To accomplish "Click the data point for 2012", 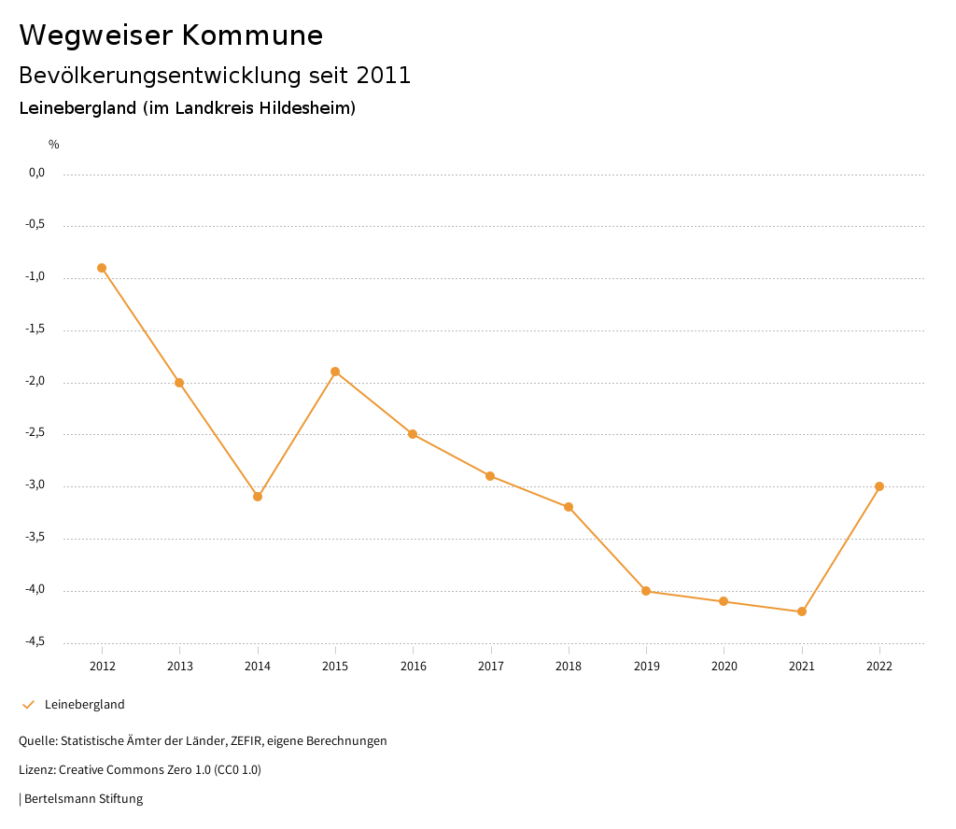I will point(102,268).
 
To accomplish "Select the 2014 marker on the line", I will point(258,497).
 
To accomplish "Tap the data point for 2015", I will point(335,372).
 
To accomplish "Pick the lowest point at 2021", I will point(802,611).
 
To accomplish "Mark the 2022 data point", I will point(879,486).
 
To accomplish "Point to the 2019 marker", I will point(646,591).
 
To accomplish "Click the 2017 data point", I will point(490,476).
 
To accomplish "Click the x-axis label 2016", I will point(413,666).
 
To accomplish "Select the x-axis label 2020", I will point(724,666).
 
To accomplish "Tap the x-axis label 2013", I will point(180,666).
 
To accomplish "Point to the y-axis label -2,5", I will point(36,433).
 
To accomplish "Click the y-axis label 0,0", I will point(36,173).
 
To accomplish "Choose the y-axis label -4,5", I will point(36,641).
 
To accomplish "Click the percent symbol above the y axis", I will point(54,145).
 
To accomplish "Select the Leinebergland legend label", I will point(84,705).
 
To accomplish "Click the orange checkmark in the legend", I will point(28,705).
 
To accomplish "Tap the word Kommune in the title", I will point(252,35).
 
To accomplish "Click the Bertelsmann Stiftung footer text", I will point(83,799).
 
